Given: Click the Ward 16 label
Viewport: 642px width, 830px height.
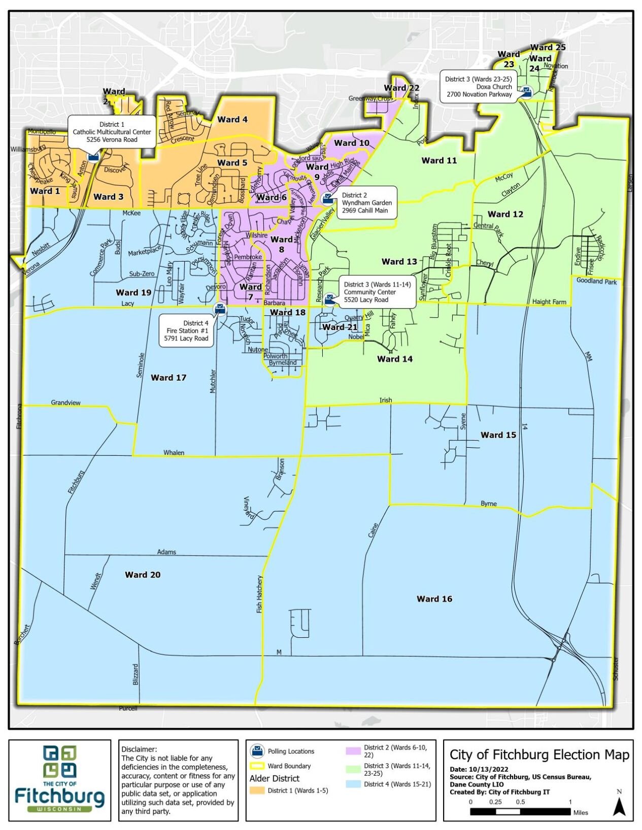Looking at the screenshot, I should pos(434,599).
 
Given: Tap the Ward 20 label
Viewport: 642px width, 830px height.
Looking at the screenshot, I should pos(143,574).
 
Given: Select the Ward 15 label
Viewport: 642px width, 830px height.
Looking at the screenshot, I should pos(498,435).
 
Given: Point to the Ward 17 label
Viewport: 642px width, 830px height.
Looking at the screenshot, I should pos(168,377).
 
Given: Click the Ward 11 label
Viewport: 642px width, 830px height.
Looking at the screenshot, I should pos(439,160).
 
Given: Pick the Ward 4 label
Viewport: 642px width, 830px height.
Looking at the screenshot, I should pos(232,119).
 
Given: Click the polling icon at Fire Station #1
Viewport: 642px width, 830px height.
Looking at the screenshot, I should pos(220,307).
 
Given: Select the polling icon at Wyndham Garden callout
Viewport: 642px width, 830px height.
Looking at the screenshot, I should pos(328,197).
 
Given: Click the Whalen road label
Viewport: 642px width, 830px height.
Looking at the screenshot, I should pos(174,452).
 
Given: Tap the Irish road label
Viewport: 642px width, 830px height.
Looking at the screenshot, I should pos(386,400).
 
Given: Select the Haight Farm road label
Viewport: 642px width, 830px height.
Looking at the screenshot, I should pos(549,302).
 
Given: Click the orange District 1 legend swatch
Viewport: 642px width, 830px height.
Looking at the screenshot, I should pos(257,790).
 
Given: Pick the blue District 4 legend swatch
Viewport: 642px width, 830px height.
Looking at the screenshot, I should pos(353,784).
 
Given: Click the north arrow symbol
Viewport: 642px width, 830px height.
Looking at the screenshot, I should pos(619,805).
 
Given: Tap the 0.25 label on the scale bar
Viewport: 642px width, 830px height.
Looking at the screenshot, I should pos(495,802).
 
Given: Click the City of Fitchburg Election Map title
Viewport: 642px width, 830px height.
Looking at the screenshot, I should pos(539,755).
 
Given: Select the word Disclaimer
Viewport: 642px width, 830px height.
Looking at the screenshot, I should pos(139,749).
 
